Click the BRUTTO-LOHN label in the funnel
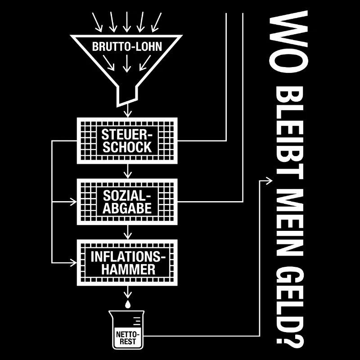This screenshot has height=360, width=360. [127, 47]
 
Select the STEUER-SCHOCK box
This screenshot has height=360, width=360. [127, 141]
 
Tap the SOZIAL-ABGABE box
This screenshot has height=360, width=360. [127, 202]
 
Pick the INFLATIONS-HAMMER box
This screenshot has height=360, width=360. [127, 263]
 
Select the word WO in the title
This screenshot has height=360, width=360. [288, 41]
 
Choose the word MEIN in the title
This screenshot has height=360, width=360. [289, 222]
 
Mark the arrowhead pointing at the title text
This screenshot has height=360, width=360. [269, 181]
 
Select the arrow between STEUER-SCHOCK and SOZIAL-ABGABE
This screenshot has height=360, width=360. [128, 171]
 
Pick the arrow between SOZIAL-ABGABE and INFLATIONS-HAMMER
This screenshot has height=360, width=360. [128, 232]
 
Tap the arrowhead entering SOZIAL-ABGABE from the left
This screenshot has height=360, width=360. [73, 202]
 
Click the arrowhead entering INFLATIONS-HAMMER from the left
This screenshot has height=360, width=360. [73, 263]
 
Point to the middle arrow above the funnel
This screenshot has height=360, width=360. [127, 22]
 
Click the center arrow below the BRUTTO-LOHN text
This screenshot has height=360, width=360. [127, 63]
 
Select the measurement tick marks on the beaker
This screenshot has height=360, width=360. [137, 321]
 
